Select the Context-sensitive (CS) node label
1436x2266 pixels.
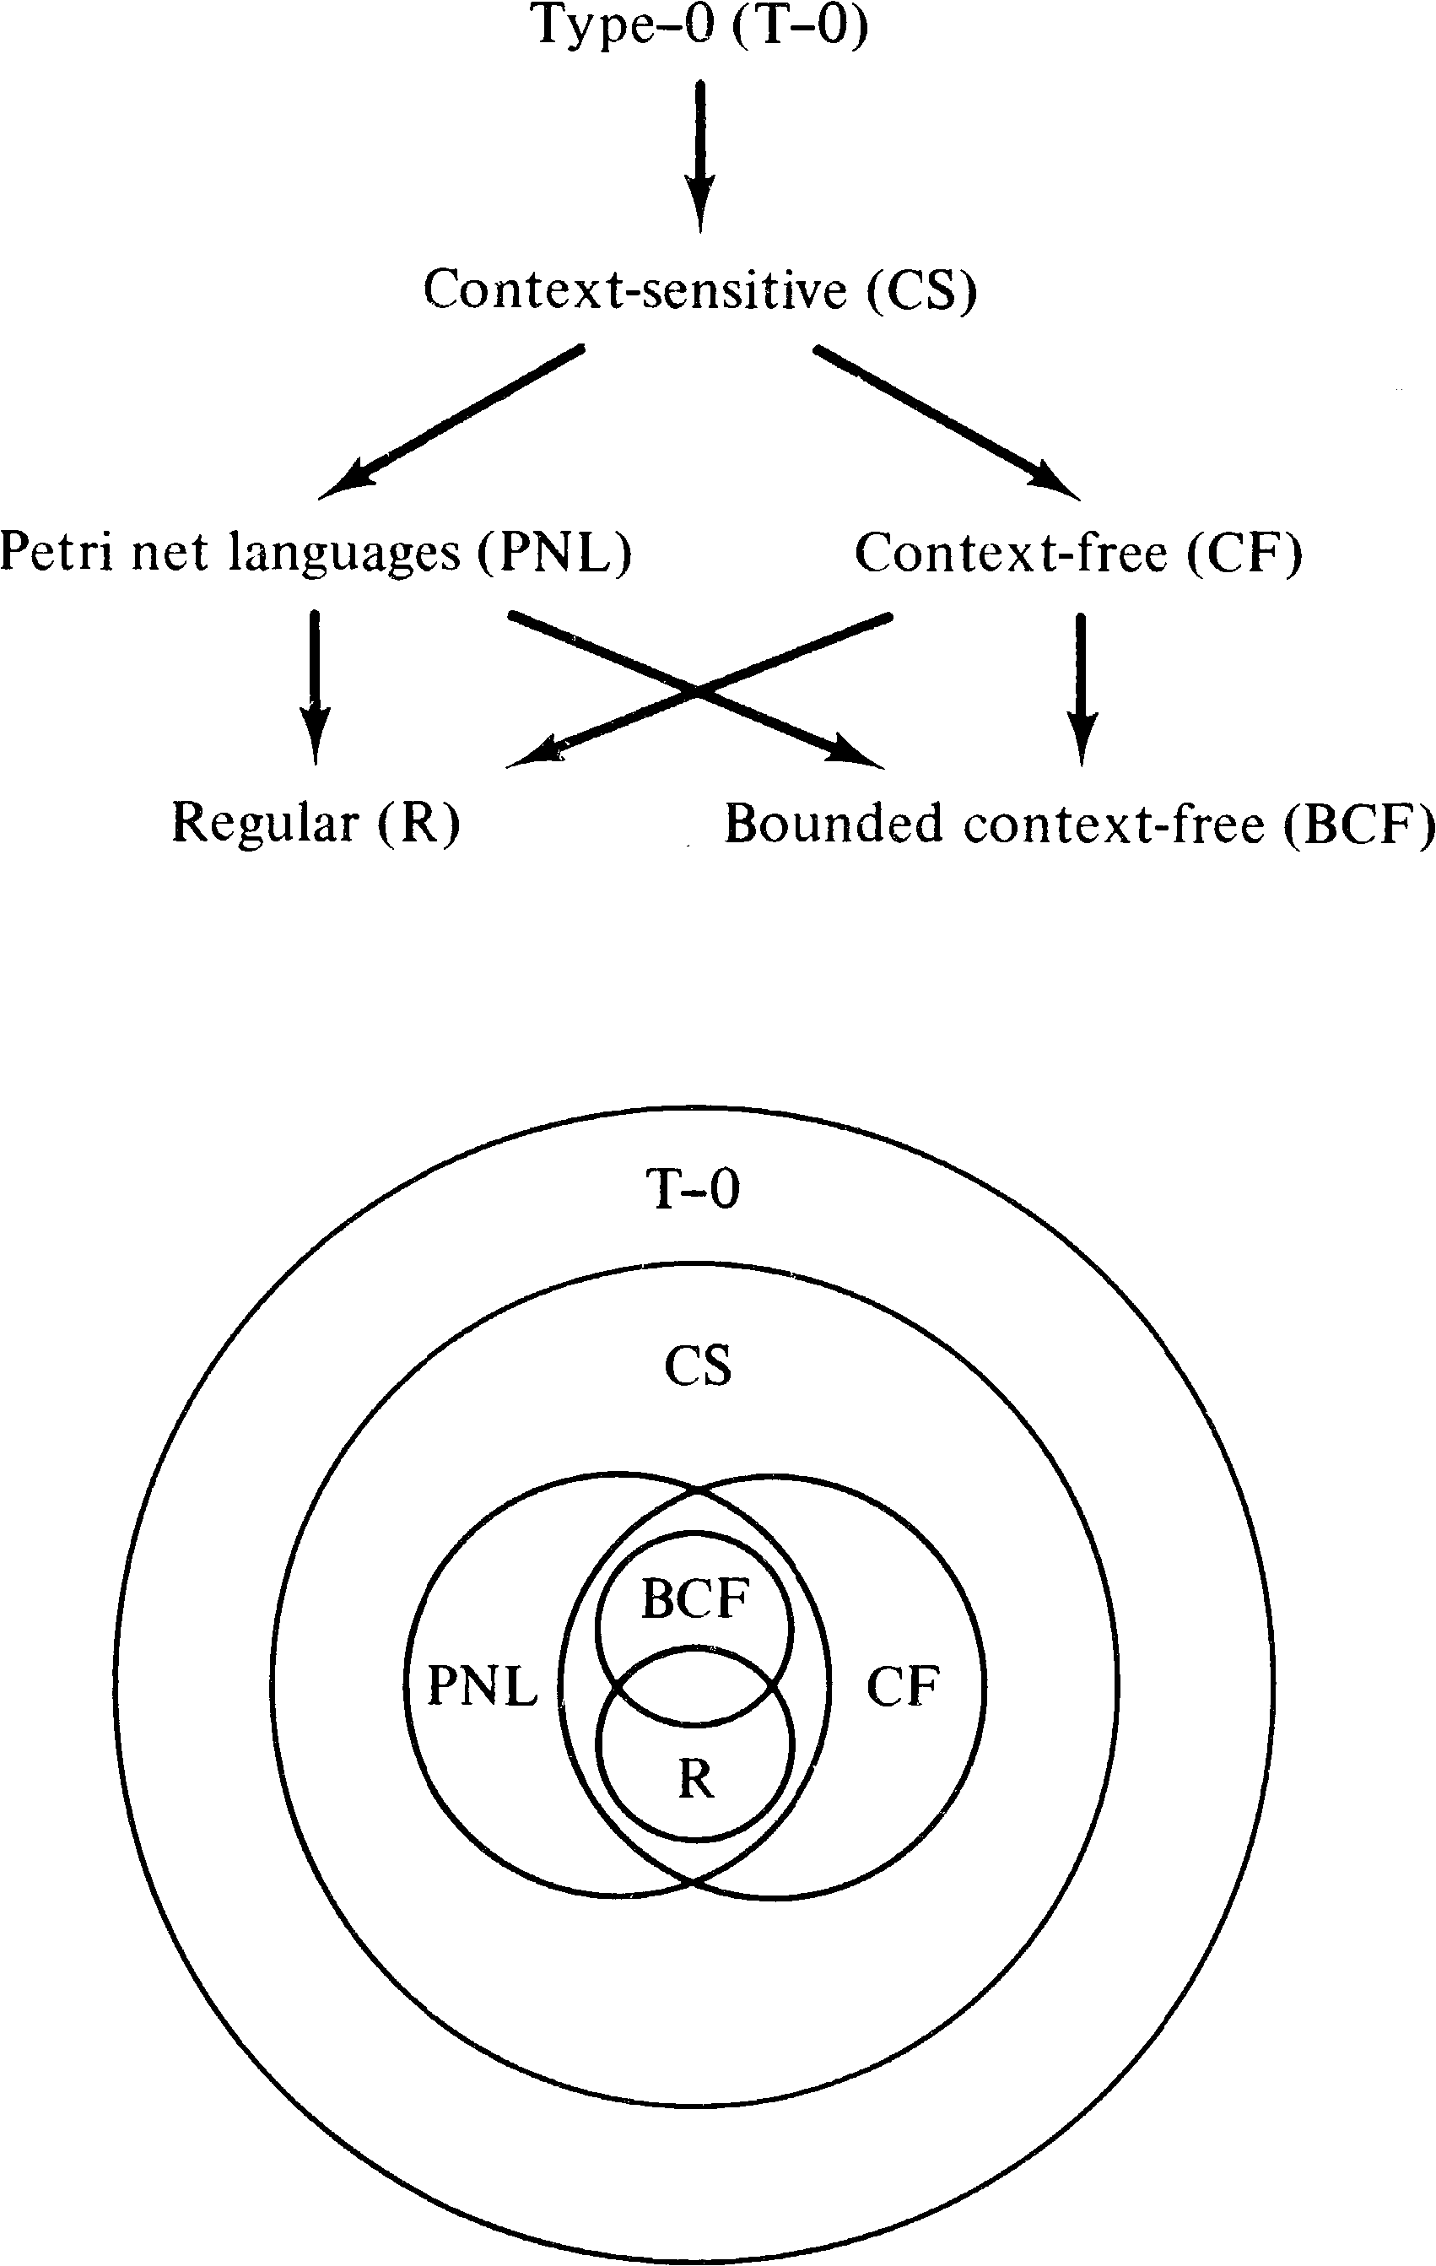pyautogui.click(x=701, y=289)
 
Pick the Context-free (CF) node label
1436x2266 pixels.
pyautogui.click(x=1078, y=553)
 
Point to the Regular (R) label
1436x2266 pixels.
pyautogui.click(x=316, y=823)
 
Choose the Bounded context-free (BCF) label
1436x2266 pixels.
pyautogui.click(x=1079, y=825)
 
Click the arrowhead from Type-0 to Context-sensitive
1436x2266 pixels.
pyautogui.click(x=700, y=209)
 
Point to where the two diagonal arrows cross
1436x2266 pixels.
pyautogui.click(x=697, y=692)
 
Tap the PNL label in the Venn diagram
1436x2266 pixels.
pyautogui.click(x=483, y=1685)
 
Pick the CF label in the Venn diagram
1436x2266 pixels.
pyautogui.click(x=903, y=1686)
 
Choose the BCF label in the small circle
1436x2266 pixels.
pyautogui.click(x=695, y=1598)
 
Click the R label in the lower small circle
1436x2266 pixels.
pyautogui.click(x=695, y=1778)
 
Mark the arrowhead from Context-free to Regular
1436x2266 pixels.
pyautogui.click(x=532, y=754)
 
